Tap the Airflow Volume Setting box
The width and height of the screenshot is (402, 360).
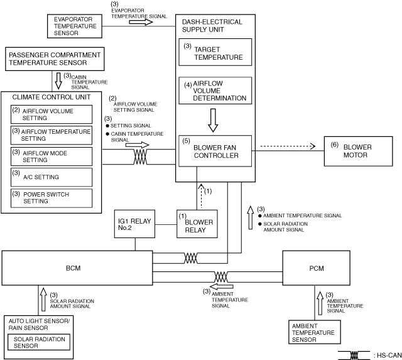(x=52, y=114)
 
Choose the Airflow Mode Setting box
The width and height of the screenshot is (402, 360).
(x=52, y=156)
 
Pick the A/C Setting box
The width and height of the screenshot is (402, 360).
(x=52, y=177)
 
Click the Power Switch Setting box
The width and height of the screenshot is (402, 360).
(x=52, y=199)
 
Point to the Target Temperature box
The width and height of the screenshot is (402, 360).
(x=215, y=52)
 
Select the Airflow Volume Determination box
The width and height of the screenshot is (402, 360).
(x=215, y=90)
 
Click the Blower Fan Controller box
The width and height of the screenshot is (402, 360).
(x=215, y=151)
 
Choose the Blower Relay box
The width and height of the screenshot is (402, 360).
(x=197, y=224)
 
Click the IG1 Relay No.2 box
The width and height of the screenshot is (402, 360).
(x=134, y=222)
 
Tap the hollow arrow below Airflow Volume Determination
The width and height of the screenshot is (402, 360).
(x=213, y=120)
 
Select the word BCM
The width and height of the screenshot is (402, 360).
(x=73, y=268)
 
